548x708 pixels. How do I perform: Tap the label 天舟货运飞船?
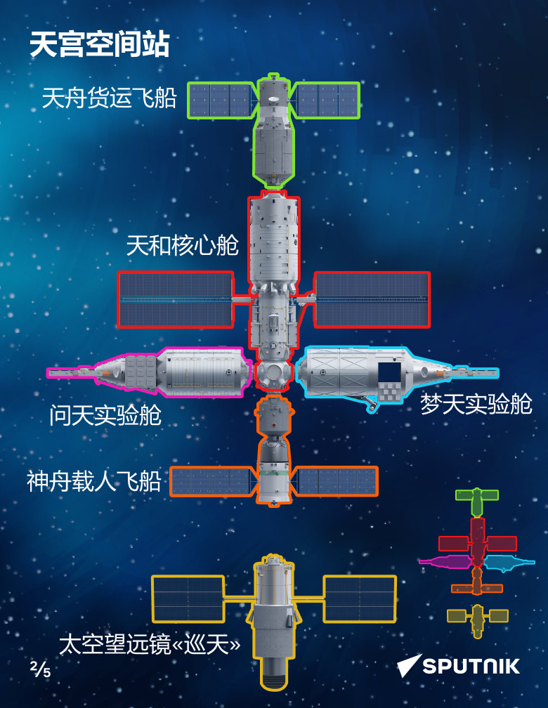109,98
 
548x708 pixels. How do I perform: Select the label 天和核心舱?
182,245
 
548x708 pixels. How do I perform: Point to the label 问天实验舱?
105,415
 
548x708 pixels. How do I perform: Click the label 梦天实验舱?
476,404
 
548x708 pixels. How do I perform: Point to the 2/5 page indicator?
40,669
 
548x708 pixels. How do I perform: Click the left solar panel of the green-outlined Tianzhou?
220,100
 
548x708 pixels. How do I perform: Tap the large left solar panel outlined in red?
176,299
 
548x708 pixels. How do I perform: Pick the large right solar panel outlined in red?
372,299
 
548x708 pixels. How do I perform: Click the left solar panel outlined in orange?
210,482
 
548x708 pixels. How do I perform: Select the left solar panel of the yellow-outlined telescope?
188,598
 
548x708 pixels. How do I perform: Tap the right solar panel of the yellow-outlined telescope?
359,598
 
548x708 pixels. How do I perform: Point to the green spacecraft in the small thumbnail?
477,499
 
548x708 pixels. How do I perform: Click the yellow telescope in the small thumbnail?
478,618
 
